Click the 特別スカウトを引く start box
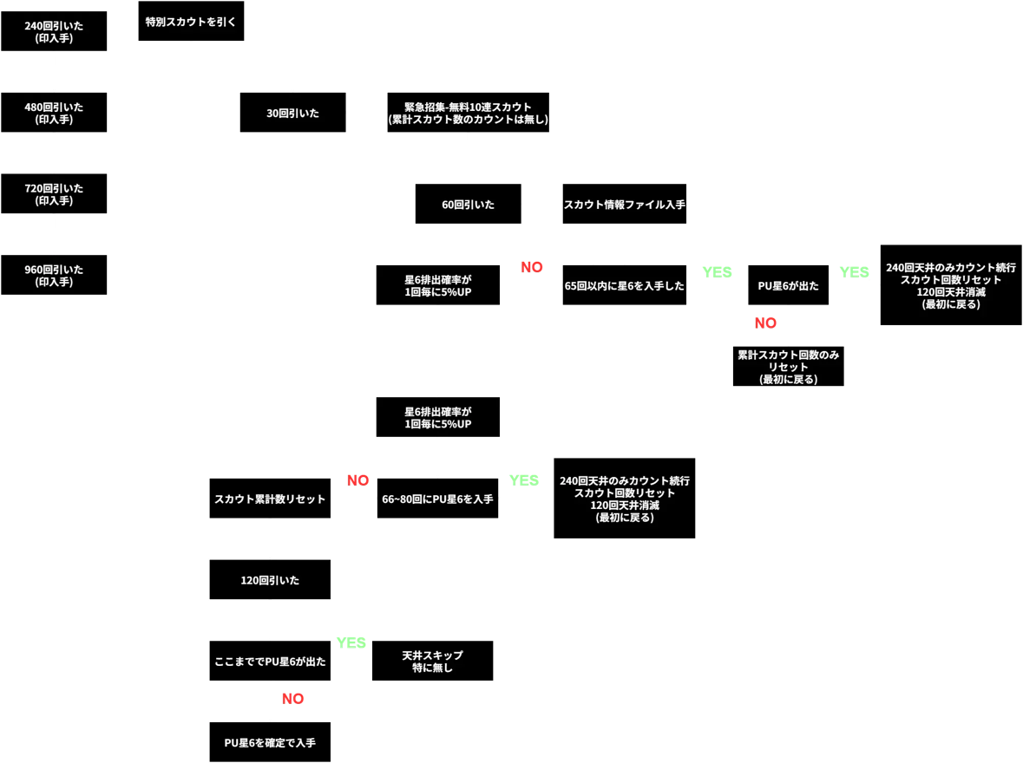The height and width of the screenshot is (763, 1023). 191,20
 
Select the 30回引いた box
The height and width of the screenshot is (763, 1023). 292,113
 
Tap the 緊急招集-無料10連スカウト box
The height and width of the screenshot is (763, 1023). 468,113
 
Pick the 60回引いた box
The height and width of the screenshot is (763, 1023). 468,204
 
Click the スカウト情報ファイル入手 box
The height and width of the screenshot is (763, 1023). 625,204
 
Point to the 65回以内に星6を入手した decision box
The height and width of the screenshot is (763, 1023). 625,284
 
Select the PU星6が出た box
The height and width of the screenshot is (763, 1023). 788,284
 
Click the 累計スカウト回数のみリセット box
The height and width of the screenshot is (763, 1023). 788,367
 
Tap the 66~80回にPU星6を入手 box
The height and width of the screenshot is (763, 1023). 437,499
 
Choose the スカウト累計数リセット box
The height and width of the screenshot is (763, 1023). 270,499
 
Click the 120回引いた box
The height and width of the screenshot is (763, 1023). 270,579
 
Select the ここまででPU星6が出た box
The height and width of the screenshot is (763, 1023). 270,661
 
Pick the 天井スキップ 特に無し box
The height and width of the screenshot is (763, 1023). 432,661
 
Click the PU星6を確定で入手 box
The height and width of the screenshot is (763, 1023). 270,742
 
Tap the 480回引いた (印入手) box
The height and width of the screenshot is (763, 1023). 54,113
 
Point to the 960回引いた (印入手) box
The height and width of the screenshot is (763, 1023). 54,275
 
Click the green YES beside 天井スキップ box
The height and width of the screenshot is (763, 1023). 351,643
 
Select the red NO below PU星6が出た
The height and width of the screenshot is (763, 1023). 764,323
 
